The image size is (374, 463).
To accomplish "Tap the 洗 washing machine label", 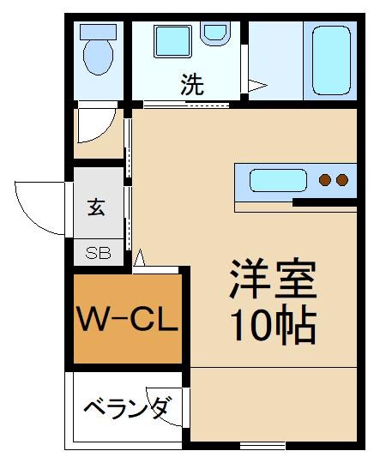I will tap(192, 85).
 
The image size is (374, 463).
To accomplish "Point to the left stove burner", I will tap(326, 180).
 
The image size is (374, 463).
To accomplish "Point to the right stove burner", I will tap(341, 180).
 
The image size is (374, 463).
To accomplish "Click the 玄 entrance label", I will tap(95, 207).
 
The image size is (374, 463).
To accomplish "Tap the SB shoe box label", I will tap(95, 254).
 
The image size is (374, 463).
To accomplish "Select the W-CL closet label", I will tap(128, 321).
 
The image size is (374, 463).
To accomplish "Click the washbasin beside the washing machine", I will tap(213, 33).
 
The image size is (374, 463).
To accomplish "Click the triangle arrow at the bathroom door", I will tap(256, 85).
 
